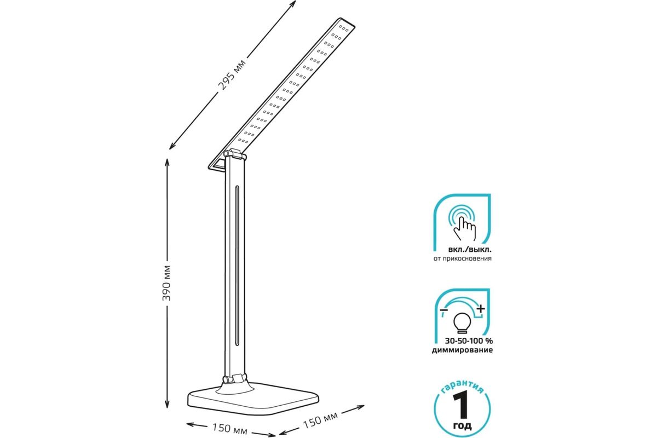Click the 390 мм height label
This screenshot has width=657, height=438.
point(166,283)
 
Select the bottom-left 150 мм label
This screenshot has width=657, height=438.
point(230,429)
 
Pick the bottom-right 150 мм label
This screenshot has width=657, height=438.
point(320,420)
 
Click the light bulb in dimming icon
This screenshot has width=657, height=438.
point(462,323)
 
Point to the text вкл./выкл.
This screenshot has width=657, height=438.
point(470,250)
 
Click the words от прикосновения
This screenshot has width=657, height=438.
point(463,259)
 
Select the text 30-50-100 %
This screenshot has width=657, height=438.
point(469,341)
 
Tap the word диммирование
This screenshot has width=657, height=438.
point(462,350)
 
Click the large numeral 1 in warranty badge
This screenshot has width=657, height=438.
point(462,405)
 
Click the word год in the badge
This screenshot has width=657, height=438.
point(463,425)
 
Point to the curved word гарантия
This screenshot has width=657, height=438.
point(462,387)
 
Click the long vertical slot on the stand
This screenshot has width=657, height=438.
point(237,266)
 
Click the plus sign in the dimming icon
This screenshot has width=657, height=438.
point(481,309)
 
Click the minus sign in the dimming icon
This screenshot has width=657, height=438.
point(443,309)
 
